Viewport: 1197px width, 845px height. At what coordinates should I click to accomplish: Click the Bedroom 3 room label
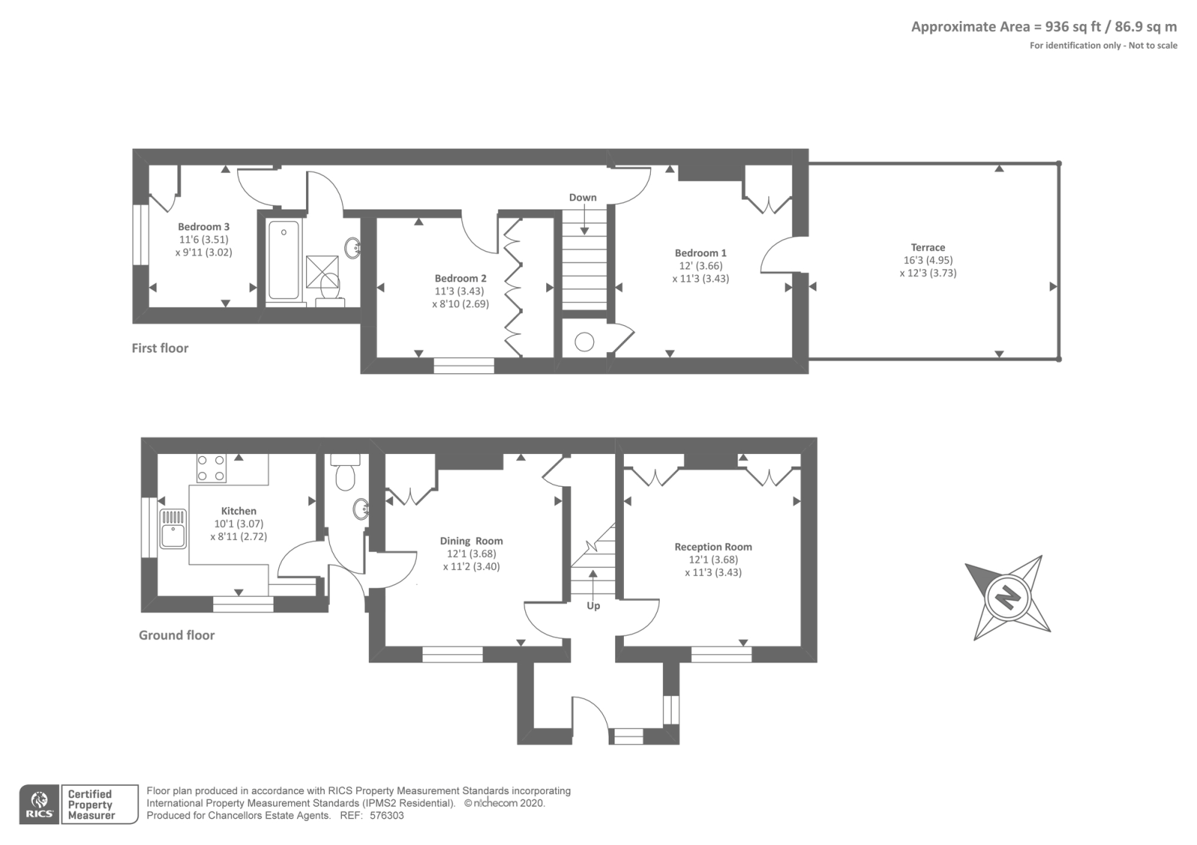click(203, 227)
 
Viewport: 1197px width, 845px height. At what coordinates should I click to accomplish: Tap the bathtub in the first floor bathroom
click(284, 259)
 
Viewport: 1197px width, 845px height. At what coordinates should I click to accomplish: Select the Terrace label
click(928, 248)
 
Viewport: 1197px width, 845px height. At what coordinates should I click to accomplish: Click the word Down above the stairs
click(583, 197)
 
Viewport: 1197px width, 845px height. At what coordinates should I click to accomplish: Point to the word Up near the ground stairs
click(593, 606)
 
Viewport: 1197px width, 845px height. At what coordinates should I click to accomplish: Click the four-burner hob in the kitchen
click(211, 468)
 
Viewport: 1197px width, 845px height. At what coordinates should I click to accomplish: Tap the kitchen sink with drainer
click(174, 528)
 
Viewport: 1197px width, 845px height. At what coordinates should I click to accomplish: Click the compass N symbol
click(1008, 597)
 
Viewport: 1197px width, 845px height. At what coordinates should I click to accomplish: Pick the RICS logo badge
click(38, 805)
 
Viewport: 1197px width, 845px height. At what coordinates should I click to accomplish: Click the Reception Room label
click(713, 547)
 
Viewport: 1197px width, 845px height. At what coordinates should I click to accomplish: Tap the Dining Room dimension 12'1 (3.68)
click(471, 554)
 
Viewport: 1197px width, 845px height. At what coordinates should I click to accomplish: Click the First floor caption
click(160, 348)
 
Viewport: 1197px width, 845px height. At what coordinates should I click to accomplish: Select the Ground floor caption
click(177, 635)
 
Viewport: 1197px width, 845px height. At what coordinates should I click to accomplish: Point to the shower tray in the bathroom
click(322, 267)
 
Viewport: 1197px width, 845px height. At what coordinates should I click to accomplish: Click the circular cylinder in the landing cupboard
click(584, 342)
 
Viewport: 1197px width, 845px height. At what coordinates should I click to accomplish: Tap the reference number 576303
click(387, 816)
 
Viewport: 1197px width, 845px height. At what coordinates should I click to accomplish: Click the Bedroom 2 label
click(461, 278)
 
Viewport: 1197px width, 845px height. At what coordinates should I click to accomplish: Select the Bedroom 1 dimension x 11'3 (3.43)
click(700, 278)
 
